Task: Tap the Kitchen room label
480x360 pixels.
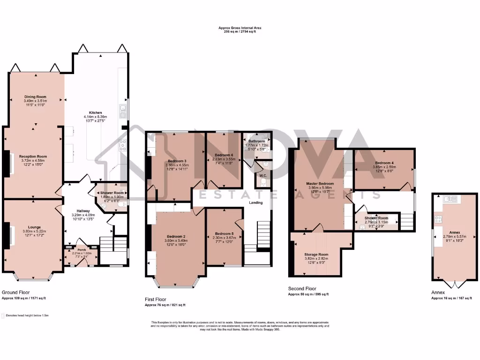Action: click(96, 113)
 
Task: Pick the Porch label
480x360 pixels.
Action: click(82, 250)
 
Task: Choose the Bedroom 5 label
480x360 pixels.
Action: click(223, 233)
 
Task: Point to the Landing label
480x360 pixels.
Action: click(256, 202)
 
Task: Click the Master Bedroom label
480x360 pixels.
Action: click(320, 183)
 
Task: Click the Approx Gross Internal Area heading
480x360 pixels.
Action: click(240, 28)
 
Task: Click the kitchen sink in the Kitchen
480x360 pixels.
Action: click(123, 109)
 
